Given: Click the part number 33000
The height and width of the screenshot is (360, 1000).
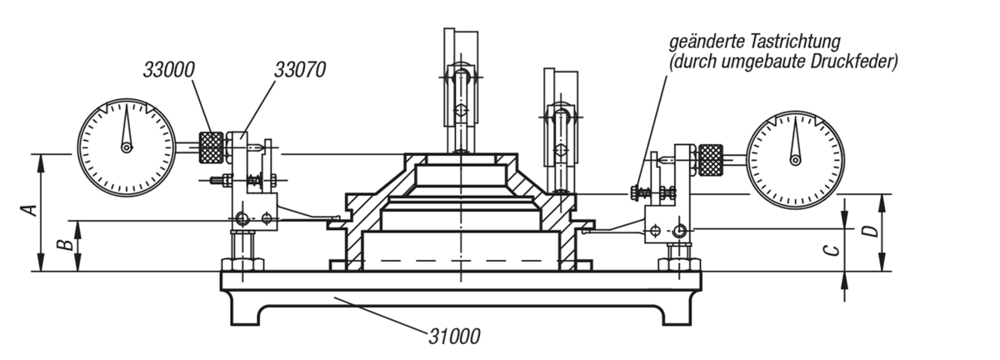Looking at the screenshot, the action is (168, 70).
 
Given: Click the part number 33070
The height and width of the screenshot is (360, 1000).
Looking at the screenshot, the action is (300, 70).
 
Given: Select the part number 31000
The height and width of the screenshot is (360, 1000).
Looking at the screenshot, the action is (454, 337).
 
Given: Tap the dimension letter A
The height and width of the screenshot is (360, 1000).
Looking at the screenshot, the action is (29, 210).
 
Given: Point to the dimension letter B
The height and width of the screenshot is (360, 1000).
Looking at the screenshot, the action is (65, 245).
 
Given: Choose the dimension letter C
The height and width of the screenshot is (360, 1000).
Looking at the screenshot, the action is (831, 251).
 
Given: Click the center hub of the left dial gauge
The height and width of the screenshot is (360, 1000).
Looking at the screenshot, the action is (127, 147).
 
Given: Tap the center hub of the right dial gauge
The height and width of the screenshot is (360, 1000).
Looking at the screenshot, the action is (795, 159).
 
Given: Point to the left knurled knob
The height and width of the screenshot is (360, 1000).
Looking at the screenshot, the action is (211, 147).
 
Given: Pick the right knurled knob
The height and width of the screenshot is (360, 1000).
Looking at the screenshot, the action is (710, 160).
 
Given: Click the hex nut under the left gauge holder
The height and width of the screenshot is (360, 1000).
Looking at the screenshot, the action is (242, 264).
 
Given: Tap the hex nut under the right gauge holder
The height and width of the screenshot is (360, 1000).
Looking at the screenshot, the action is (678, 264).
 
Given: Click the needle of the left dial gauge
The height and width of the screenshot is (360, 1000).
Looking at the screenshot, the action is (127, 124).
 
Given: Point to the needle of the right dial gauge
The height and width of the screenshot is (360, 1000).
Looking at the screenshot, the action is (795, 139).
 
